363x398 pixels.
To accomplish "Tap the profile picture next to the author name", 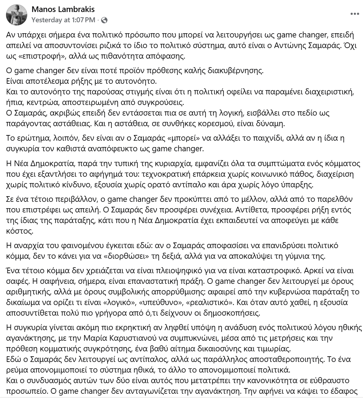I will pyautogui.click(x=17, y=15).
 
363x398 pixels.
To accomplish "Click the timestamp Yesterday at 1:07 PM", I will pyautogui.click(x=63, y=20).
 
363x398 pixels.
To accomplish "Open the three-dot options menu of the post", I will pyautogui.click(x=355, y=14).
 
